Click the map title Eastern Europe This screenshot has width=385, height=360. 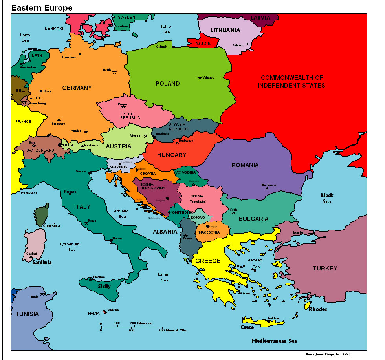(x=42, y=8)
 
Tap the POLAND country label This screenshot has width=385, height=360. (x=168, y=84)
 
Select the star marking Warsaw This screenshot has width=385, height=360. (x=200, y=78)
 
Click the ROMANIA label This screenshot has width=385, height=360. (x=245, y=165)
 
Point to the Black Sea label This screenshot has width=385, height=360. (x=326, y=198)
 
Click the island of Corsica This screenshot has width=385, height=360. (x=41, y=215)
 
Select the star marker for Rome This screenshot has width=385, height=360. (x=86, y=223)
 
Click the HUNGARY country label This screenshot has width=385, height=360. (x=171, y=155)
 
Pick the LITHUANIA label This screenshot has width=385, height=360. (x=225, y=30)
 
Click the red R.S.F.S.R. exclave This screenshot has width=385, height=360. (x=203, y=42)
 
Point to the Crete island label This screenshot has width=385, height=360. (x=247, y=327)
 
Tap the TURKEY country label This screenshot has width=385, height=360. (x=325, y=269)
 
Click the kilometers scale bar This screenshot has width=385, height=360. (x=132, y=326)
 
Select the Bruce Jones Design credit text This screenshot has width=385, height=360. (x=328, y=354)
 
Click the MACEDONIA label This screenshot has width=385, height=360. (x=209, y=232)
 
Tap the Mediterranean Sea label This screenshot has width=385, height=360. (x=274, y=341)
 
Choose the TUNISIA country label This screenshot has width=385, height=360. (x=27, y=314)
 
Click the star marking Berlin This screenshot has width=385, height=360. (x=114, y=72)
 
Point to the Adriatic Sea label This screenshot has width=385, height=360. (x=121, y=214)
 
